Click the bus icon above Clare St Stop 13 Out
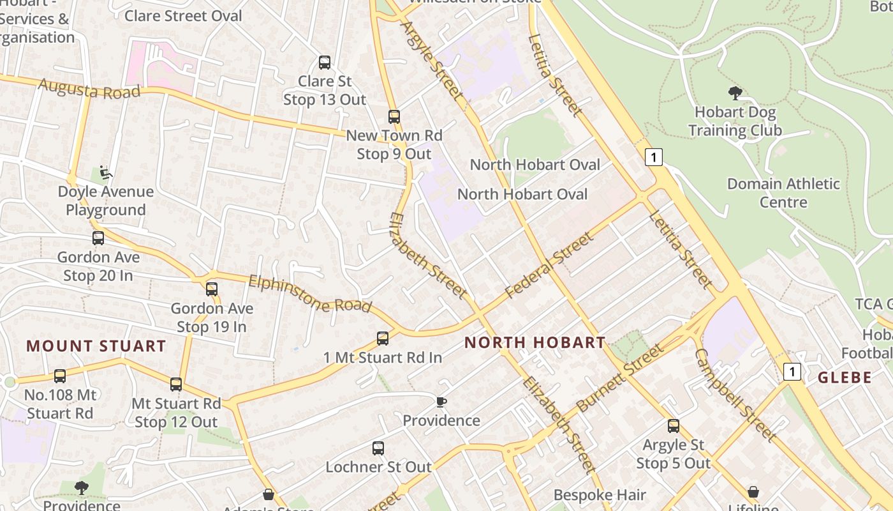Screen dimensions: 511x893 (x=325, y=63)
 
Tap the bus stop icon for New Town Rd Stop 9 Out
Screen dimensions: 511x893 (x=394, y=117)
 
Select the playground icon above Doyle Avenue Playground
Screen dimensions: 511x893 (x=106, y=172)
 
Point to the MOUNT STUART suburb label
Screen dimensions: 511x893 (x=96, y=346)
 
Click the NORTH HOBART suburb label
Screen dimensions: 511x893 (x=535, y=342)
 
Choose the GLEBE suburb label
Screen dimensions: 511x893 (x=845, y=377)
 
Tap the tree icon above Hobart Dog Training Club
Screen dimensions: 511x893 (x=735, y=93)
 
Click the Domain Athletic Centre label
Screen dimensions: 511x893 (x=783, y=193)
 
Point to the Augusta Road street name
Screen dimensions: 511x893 (x=89, y=89)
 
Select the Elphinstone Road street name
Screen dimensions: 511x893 (x=310, y=294)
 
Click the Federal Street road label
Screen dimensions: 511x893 (x=549, y=266)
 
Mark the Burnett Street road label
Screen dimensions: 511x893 (x=619, y=378)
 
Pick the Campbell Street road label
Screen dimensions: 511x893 (x=735, y=395)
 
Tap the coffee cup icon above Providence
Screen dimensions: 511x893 (x=441, y=402)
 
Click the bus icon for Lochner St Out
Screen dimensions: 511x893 (x=378, y=448)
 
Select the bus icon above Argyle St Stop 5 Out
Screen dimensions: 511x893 (x=674, y=426)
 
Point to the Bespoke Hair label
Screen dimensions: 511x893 (x=600, y=495)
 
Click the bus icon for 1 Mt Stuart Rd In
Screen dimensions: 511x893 (x=383, y=339)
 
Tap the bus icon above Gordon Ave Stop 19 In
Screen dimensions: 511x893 (x=212, y=289)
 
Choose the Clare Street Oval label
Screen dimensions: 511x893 (x=183, y=15)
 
